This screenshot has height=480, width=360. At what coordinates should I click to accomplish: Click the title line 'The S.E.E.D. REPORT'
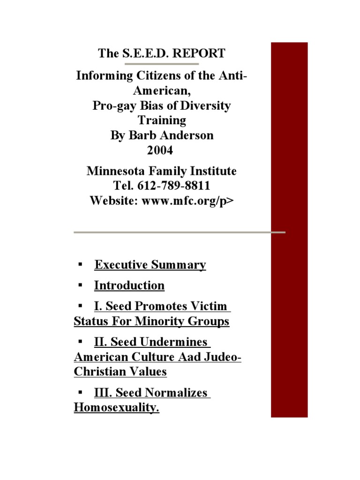[x=162, y=53]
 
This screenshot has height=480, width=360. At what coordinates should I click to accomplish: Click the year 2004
[x=162, y=151]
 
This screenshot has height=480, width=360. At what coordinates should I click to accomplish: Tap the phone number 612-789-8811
[x=174, y=186]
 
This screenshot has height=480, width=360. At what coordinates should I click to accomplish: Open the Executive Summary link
[x=150, y=265]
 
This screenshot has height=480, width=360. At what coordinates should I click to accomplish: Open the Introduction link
[x=129, y=285]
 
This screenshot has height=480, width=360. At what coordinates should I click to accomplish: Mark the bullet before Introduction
[x=81, y=285]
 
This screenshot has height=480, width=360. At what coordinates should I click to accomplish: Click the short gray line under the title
[x=161, y=63]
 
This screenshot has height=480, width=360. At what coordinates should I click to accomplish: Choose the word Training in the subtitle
[x=162, y=120]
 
